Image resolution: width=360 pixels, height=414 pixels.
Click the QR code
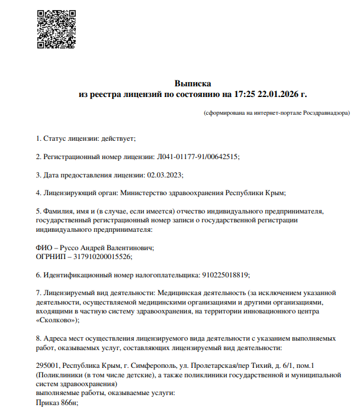pos(56,30)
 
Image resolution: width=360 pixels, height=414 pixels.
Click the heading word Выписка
pos(192,83)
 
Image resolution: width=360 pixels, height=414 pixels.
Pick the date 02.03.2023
pos(165,174)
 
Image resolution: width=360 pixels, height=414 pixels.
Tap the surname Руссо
pos(69,248)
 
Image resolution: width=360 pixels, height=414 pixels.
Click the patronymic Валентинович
pos(129,248)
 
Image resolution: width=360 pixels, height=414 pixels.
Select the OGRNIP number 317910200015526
pos(99,257)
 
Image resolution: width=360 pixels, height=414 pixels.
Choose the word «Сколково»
pos(56,320)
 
